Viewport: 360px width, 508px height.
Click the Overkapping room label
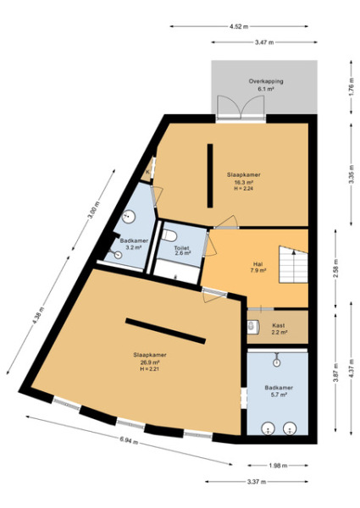pos(265,85)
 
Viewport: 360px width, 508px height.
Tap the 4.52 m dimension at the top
pos(243,26)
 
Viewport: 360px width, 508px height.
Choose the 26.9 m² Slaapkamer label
pos(149,362)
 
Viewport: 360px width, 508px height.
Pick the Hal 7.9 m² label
pos(258,266)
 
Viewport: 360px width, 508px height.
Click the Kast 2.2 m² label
pos(278,329)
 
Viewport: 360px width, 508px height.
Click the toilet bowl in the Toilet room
pos(171,234)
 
